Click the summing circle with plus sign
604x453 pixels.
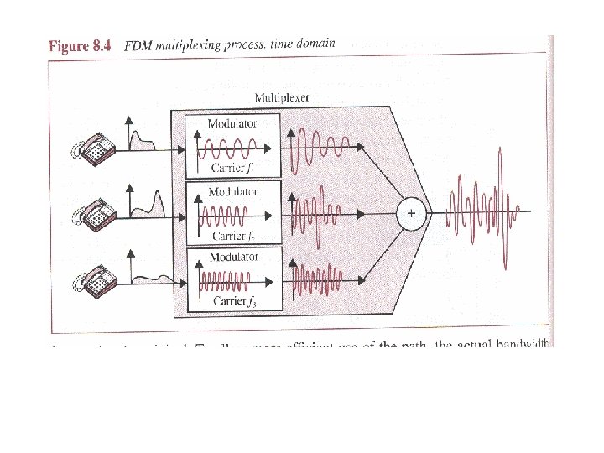(411, 214)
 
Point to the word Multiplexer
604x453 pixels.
(282, 98)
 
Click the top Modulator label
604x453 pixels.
(232, 123)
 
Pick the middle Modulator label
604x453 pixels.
(233, 191)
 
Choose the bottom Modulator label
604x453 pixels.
(233, 257)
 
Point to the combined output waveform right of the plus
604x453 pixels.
(482, 214)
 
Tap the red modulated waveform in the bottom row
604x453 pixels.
(318, 278)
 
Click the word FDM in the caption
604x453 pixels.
(138, 46)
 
